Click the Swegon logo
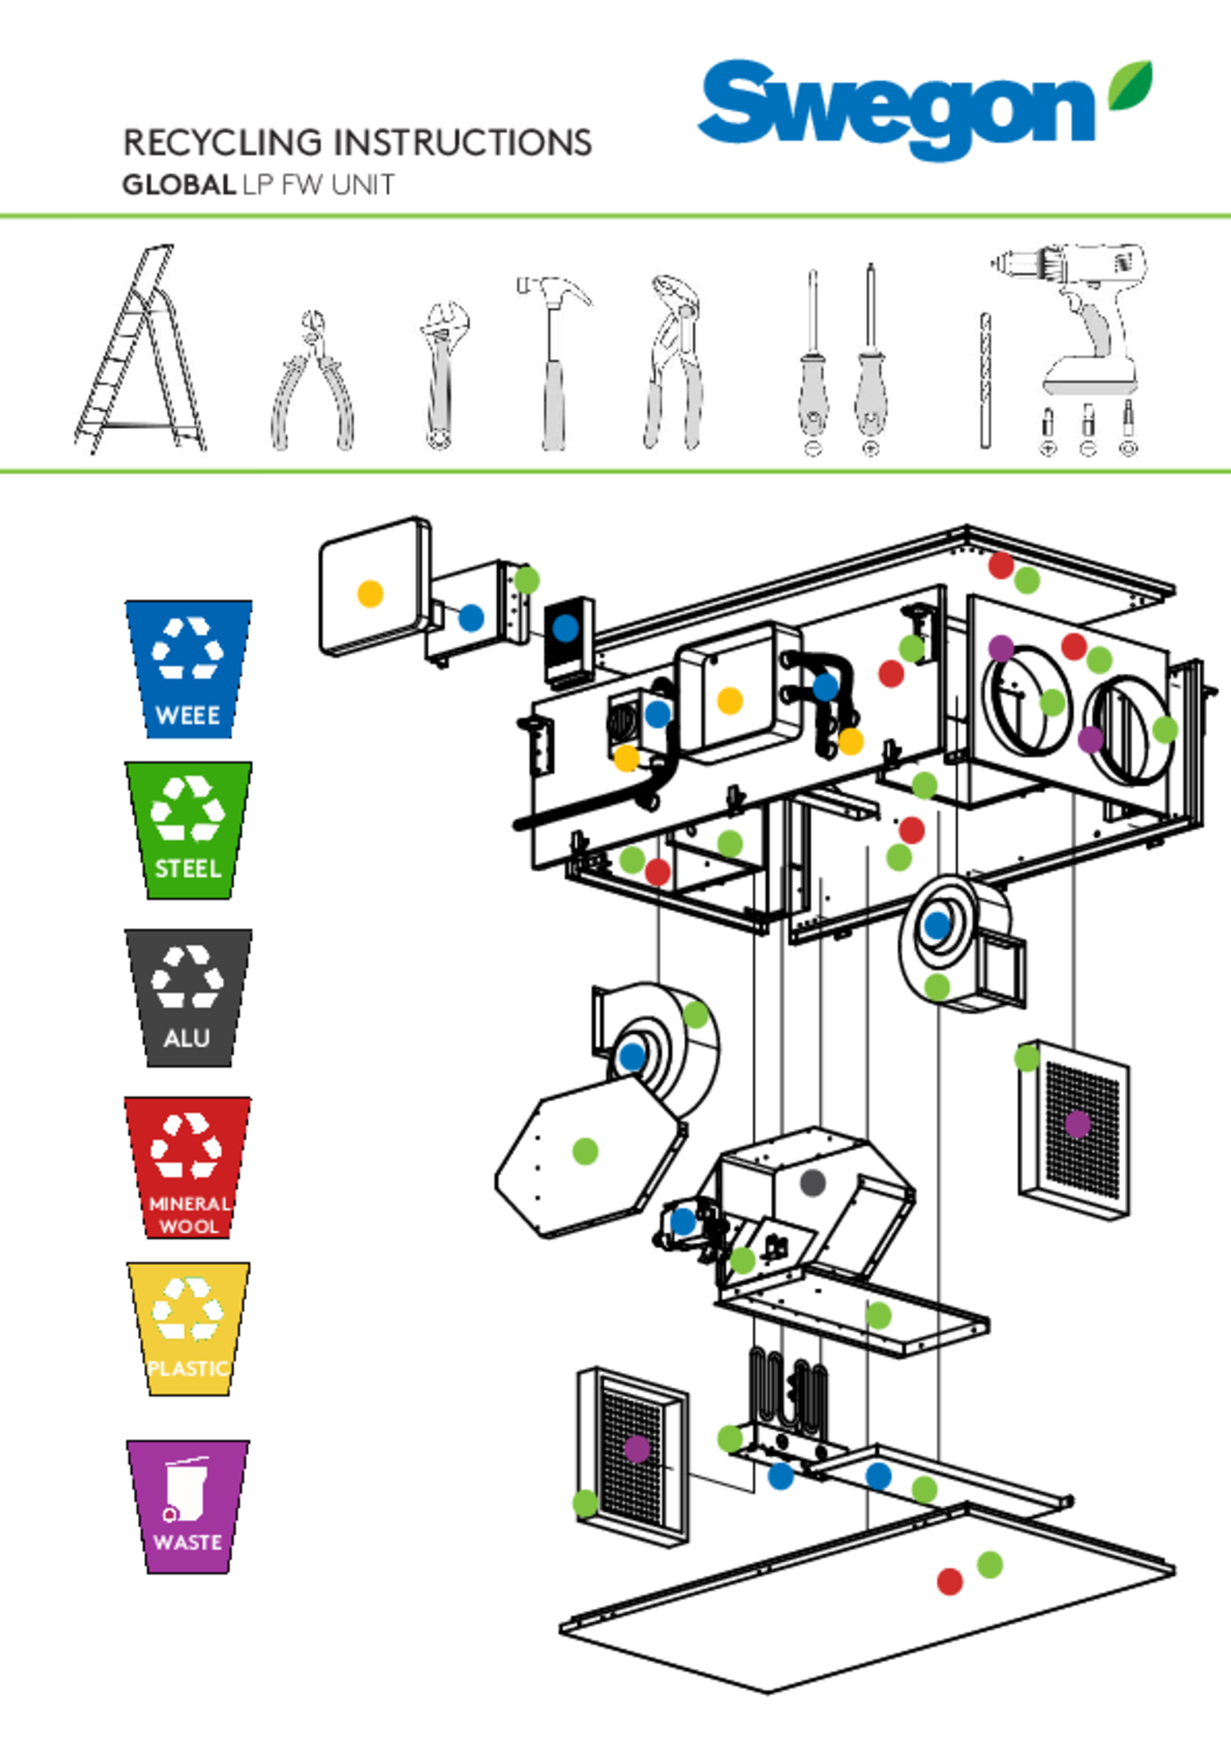point(926,110)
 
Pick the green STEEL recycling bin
point(188,829)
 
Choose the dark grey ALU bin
point(188,996)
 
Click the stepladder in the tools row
point(142,350)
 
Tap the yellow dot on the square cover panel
point(370,593)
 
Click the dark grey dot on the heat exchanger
point(812,1183)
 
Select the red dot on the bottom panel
point(949,1581)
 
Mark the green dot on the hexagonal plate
point(585,1151)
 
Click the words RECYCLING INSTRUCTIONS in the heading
point(358,142)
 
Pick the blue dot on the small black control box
point(565,628)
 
